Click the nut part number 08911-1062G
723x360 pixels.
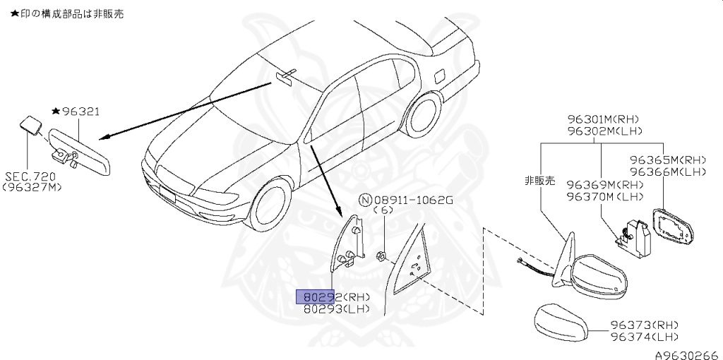tap(412, 200)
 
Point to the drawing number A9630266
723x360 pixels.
tap(685, 355)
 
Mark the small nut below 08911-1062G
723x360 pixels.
tap(381, 255)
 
